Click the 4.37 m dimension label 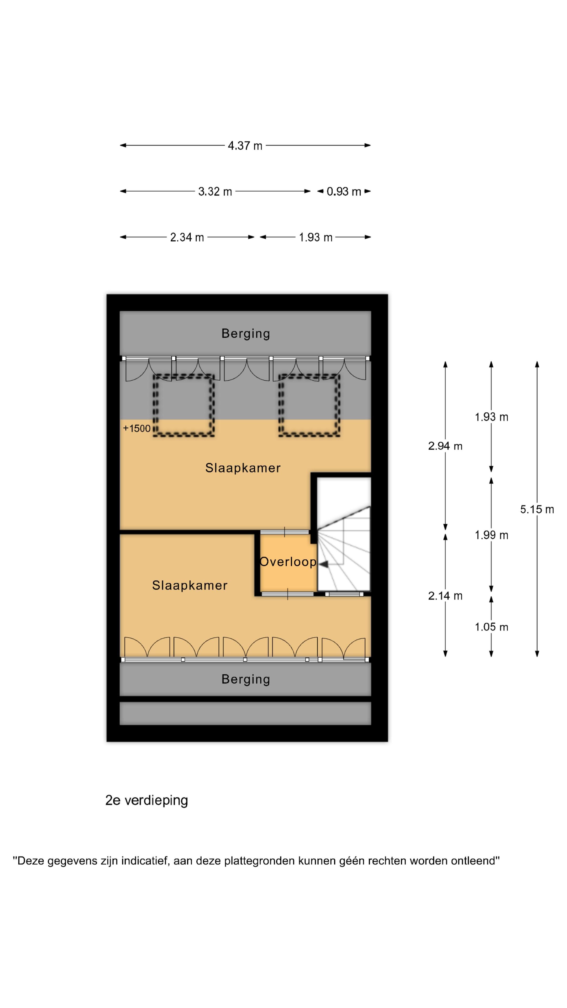pos(245,146)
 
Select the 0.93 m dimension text pos(344,191)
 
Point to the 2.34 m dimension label pos(187,237)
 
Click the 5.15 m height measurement pos(537,509)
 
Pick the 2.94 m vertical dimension pos(445,446)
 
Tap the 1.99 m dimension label pos(491,535)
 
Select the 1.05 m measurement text pos(491,627)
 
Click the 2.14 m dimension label pos(445,596)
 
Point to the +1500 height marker pos(136,428)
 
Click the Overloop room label pos(288,562)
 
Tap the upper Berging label pos(246,334)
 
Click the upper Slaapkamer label pos(243,468)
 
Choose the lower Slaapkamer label pos(190,585)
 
